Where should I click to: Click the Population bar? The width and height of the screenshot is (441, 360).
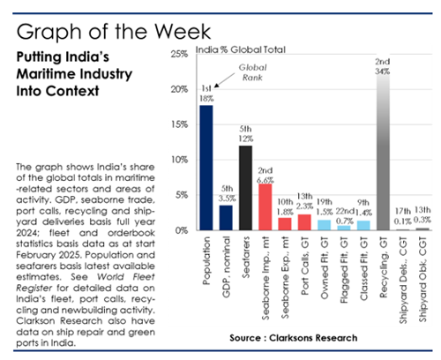click(206, 168)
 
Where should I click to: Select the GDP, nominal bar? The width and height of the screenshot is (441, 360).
click(226, 217)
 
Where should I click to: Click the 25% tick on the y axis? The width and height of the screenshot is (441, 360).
click(177, 55)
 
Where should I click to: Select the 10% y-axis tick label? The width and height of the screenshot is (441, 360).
click(177, 160)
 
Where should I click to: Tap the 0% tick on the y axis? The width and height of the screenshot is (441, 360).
click(180, 230)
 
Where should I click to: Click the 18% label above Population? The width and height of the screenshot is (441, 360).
click(206, 99)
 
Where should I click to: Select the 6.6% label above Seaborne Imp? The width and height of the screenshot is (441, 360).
click(265, 178)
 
